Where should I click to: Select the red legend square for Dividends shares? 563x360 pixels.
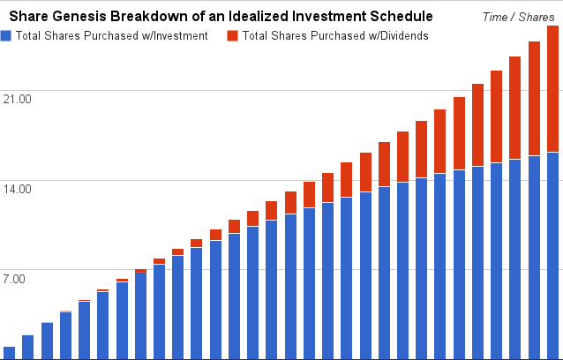233,35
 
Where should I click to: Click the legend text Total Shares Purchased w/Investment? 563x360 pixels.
111,35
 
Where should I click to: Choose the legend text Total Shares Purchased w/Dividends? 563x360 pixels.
334,35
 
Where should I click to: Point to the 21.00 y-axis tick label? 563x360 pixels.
18,98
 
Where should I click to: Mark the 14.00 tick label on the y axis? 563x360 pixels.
18,188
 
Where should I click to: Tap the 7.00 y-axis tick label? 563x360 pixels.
18,278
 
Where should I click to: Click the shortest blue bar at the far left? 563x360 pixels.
9,353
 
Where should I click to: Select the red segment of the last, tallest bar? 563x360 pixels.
552,88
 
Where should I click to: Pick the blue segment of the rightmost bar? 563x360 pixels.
552,256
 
